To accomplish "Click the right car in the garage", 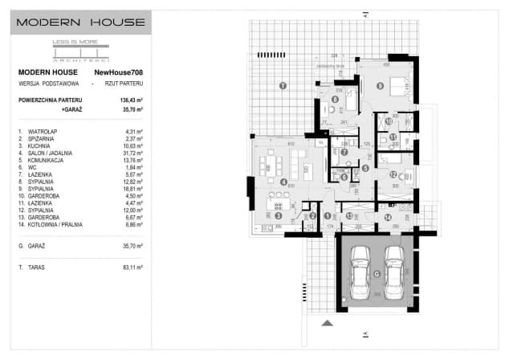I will [393, 271].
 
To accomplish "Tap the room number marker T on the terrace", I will [282, 84].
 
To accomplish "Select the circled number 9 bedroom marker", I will [381, 84].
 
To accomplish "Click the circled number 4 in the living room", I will [284, 182].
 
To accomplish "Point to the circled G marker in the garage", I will [377, 273].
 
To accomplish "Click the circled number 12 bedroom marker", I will [393, 174].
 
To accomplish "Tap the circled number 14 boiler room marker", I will [387, 216].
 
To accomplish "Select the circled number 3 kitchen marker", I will [279, 215].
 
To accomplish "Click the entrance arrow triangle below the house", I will [328, 323].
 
